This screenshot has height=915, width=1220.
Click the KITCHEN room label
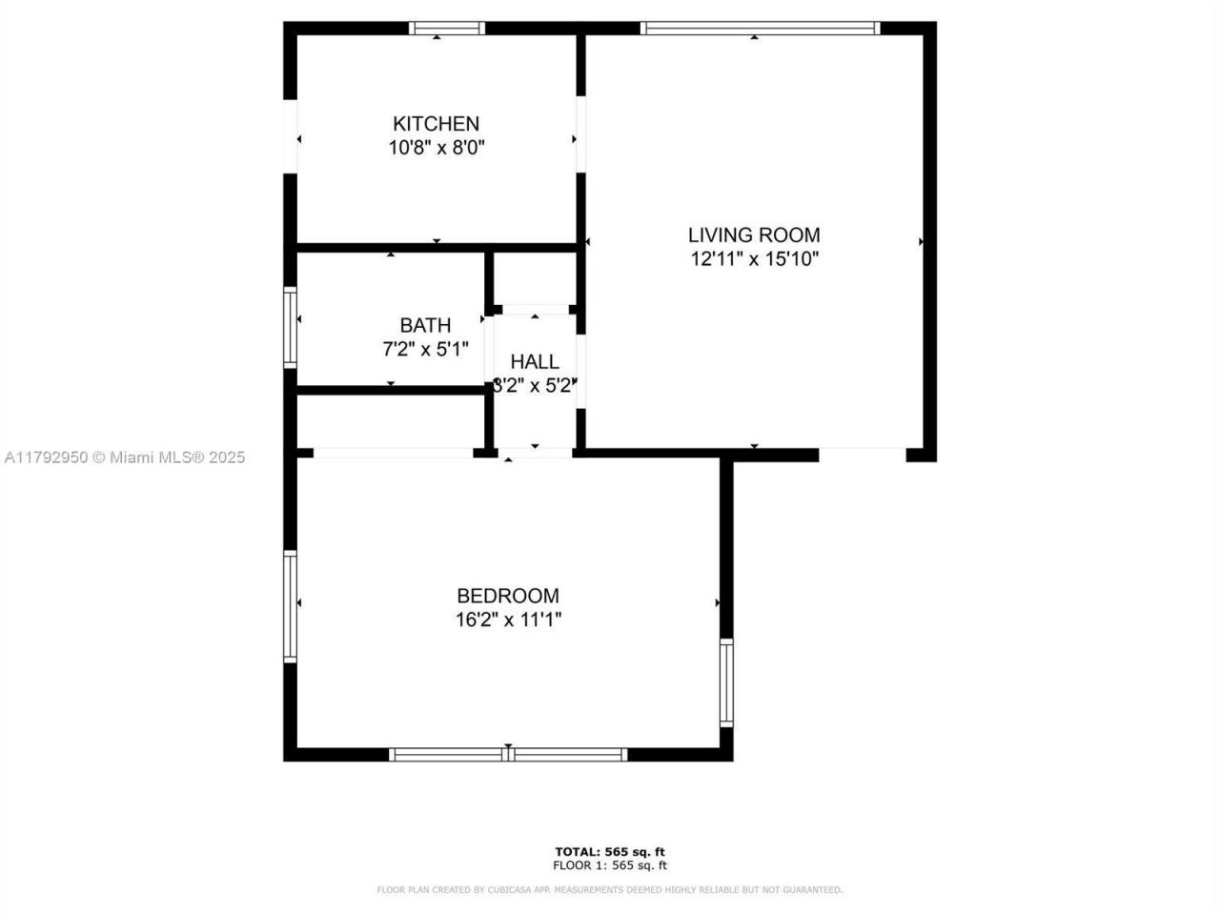(x=436, y=124)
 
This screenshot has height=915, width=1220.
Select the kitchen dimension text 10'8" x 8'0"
(x=436, y=149)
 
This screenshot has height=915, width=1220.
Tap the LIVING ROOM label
(x=754, y=235)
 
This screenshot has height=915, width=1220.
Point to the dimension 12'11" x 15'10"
(x=754, y=259)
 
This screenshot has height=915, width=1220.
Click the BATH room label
(x=425, y=326)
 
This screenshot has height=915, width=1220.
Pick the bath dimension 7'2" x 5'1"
(x=425, y=350)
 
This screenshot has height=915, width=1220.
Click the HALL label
(x=535, y=362)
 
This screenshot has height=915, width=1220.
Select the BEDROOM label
(x=508, y=597)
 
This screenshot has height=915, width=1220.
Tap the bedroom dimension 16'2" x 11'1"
(x=508, y=620)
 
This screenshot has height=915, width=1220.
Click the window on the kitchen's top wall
(x=447, y=29)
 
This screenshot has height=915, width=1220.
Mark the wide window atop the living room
(x=760, y=29)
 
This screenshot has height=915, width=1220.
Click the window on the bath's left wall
(x=291, y=327)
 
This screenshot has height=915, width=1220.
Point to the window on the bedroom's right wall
(x=726, y=682)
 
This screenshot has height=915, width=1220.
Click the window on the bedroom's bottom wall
(x=508, y=755)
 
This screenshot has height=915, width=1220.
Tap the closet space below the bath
(x=391, y=420)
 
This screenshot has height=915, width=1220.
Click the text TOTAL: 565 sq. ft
(x=610, y=851)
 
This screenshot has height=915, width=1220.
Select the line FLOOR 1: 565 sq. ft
(x=610, y=865)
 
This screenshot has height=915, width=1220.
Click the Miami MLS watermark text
(x=125, y=457)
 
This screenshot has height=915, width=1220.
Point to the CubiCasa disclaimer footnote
(x=610, y=890)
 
